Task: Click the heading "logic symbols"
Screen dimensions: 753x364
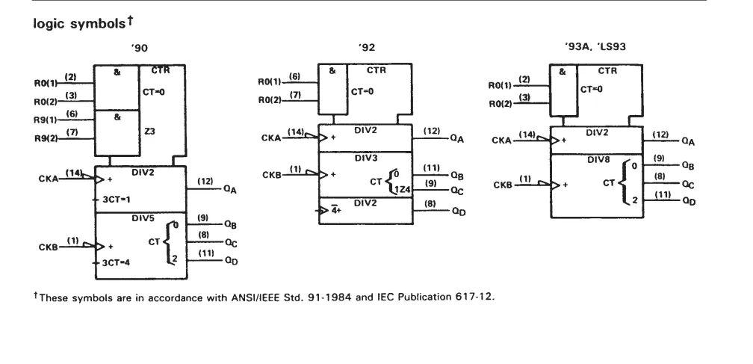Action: coord(78,23)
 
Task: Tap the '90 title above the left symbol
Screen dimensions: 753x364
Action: coord(139,48)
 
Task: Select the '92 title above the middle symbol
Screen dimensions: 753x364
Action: coord(366,48)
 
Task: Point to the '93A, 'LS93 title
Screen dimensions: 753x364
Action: coord(595,46)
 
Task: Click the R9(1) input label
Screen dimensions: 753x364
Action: coord(45,120)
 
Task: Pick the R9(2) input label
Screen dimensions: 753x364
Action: coord(45,138)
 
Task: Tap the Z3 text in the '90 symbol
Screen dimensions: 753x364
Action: coord(149,131)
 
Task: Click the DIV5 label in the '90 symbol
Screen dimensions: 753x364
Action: coord(143,218)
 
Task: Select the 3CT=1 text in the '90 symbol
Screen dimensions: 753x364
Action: coord(116,200)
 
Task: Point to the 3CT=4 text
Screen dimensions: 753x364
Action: coord(116,262)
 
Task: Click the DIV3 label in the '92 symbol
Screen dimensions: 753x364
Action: coord(365,158)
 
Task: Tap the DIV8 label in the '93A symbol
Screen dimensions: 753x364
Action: coord(598,160)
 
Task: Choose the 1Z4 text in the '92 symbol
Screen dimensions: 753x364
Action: coord(403,190)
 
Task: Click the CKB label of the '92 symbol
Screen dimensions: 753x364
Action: coord(272,176)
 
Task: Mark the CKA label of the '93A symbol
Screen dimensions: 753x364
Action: coord(501,141)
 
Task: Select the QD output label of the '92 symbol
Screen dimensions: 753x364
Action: coord(459,212)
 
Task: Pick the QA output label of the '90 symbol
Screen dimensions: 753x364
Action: coord(230,189)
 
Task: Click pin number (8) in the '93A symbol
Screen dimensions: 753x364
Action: coord(660,176)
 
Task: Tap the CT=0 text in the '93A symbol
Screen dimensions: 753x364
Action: coord(591,90)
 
